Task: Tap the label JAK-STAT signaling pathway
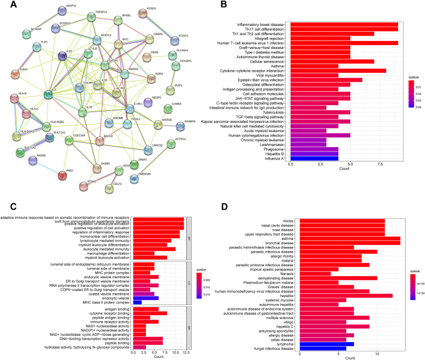(x=259, y=97)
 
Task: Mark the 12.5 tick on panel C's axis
(x=184, y=352)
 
